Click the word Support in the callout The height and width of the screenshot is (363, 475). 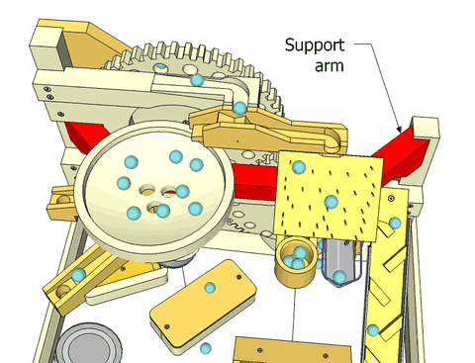[315, 46]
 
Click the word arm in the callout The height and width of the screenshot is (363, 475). [330, 65]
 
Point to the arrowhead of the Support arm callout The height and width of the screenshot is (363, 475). [399, 130]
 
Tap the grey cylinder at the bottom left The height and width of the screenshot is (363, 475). [87, 344]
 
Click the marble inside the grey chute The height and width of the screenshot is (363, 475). [339, 276]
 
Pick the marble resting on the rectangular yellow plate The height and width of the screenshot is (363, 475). [210, 288]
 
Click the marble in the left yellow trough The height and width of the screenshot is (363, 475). [78, 275]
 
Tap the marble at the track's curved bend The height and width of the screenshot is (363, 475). [239, 108]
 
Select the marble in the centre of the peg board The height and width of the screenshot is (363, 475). [332, 202]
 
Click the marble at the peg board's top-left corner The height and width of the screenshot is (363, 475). [299, 167]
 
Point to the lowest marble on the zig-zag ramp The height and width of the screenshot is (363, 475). [373, 330]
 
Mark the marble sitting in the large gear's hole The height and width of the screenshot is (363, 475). [160, 66]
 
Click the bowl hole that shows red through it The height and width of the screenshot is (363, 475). [168, 191]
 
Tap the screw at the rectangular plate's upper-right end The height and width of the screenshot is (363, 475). [238, 277]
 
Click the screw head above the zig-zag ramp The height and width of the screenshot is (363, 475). [391, 198]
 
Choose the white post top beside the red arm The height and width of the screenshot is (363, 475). [426, 127]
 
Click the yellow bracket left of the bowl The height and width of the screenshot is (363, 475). [61, 203]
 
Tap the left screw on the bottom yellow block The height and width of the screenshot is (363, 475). [260, 350]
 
